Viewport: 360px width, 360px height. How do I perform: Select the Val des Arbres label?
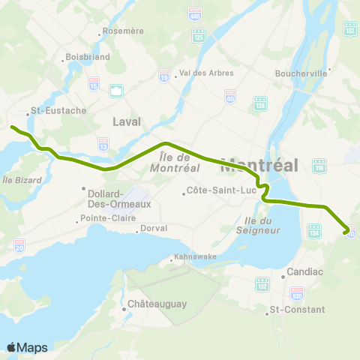coord(207,73)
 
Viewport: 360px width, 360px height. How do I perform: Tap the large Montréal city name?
coord(259,164)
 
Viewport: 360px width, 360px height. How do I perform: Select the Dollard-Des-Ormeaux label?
coord(114,198)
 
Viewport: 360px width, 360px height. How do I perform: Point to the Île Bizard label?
coord(16,179)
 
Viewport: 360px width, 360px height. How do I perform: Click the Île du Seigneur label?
coord(262,224)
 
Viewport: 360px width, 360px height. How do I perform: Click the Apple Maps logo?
coord(27,347)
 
